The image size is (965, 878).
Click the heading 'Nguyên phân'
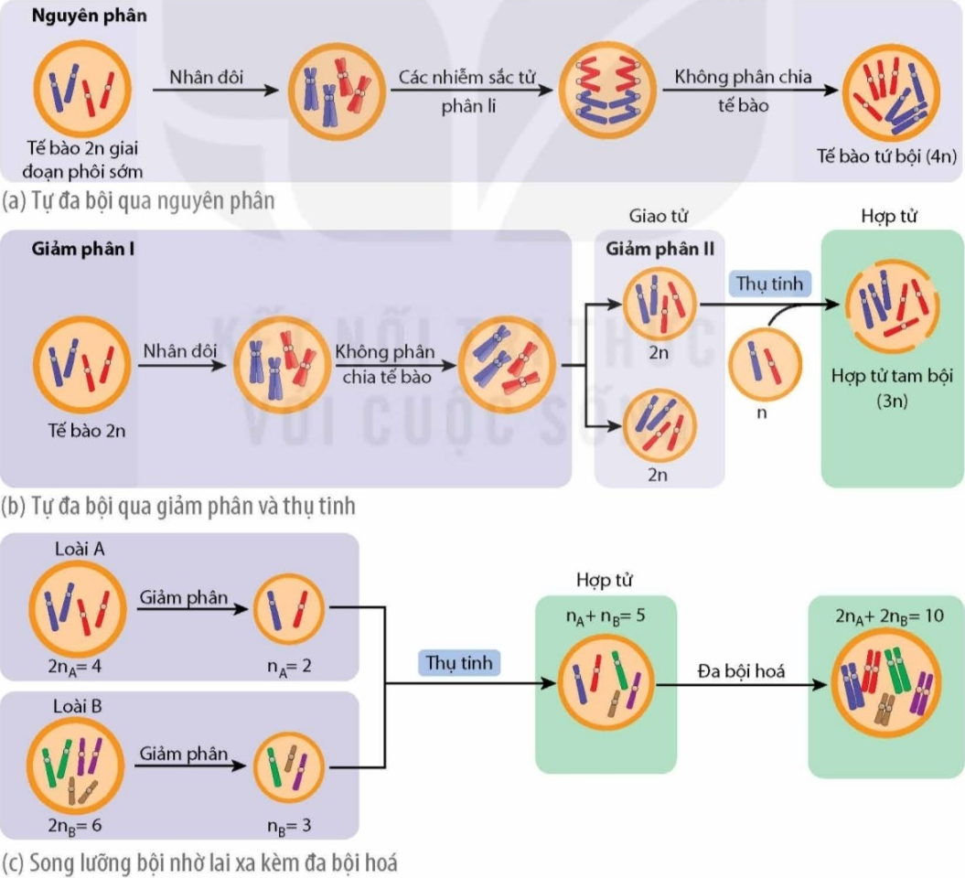pos(90,16)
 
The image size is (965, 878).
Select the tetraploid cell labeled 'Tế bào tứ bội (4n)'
pos(891,92)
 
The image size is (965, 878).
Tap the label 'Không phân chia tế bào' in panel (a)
pos(743,91)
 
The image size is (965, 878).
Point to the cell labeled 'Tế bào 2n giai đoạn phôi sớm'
pos(82,89)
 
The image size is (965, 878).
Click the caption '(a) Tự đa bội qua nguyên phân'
pos(138,201)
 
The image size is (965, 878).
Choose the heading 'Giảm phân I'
pos(83,249)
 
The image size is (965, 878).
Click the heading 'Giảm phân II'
pos(659,249)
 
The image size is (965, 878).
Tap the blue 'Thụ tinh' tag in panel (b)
pos(770,284)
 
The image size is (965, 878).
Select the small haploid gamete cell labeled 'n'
pos(765,365)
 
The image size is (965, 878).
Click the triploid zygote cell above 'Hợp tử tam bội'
pos(893,306)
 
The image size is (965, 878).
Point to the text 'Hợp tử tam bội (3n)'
pos(892,388)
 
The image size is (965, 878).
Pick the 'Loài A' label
pos(80,549)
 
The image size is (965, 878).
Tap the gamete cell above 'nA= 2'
pos(289,609)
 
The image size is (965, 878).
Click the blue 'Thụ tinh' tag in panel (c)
pos(459,663)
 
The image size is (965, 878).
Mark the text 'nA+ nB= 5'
pos(606,616)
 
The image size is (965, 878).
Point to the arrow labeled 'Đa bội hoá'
pos(742,685)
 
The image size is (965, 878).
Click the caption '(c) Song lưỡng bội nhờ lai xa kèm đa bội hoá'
pos(199,862)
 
